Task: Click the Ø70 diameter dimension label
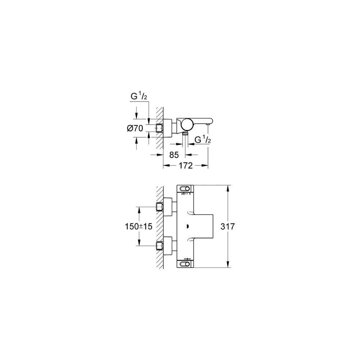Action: pyautogui.click(x=135, y=128)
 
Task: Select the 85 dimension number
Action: pyautogui.click(x=174, y=155)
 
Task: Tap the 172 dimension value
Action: pyautogui.click(x=185, y=165)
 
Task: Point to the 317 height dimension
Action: pyautogui.click(x=228, y=226)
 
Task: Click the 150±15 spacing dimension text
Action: pyautogui.click(x=139, y=226)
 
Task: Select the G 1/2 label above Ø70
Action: pyautogui.click(x=139, y=96)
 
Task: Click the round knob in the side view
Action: pyautogui.click(x=187, y=124)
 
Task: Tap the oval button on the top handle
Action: pyautogui.click(x=185, y=189)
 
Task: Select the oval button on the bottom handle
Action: pyautogui.click(x=185, y=264)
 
